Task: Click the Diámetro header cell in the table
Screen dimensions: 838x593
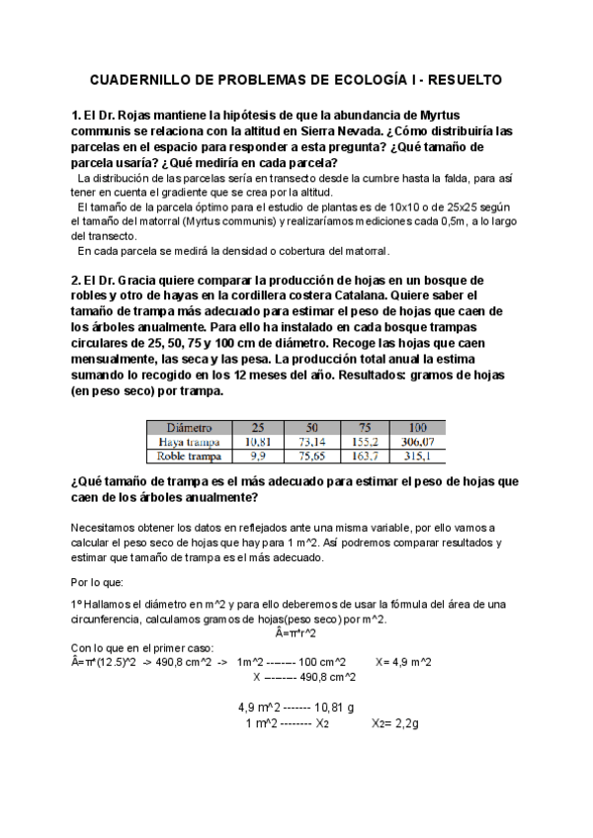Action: coord(190,427)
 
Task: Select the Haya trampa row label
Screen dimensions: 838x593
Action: coord(190,442)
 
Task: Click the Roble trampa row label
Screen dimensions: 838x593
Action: coord(190,457)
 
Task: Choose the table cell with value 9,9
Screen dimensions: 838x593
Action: coord(258,457)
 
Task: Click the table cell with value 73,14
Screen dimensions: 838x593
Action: coord(311,442)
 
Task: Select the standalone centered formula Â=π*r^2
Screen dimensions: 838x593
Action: coord(296,632)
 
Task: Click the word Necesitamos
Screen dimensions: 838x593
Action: coord(110,528)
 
